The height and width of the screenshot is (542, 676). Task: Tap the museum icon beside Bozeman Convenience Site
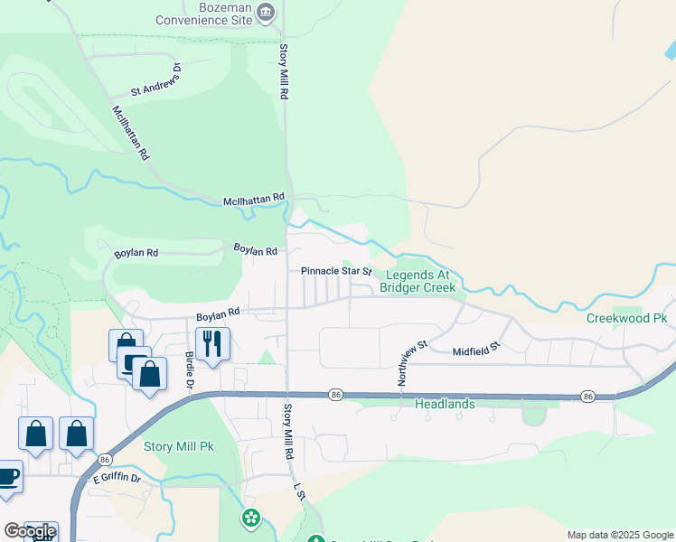tap(266, 12)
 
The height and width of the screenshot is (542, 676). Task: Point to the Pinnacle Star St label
tap(336, 271)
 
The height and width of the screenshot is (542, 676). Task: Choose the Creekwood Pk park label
tap(626, 318)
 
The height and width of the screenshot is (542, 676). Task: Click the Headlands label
tap(445, 404)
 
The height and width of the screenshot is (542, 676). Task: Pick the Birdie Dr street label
tap(190, 370)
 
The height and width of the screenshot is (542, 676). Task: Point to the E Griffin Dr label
tap(115, 478)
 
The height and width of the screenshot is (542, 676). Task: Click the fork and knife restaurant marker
tap(212, 343)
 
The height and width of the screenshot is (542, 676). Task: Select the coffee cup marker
tap(7, 477)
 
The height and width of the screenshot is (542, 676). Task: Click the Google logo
tap(30, 531)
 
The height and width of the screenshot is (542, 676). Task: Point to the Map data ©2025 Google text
tap(619, 535)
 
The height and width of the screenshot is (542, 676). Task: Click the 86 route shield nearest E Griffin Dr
tap(105, 459)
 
